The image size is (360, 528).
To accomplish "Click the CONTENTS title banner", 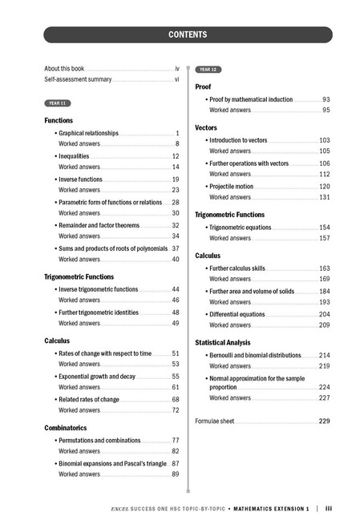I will (x=188, y=34).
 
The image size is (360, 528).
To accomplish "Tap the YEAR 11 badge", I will (x=58, y=103).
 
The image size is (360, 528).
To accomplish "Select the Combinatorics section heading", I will (x=71, y=427).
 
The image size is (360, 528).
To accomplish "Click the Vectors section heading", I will (x=207, y=127).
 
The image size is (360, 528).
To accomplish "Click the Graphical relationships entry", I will (x=88, y=133).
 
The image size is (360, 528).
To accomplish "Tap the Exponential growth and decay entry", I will (x=97, y=376).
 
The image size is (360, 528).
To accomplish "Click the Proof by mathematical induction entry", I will (x=251, y=99).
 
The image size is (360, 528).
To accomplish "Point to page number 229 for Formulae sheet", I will (x=324, y=421).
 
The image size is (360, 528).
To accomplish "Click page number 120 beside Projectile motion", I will (x=325, y=186).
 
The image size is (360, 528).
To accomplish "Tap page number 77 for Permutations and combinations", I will (x=175, y=441).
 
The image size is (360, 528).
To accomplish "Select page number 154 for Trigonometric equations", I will (x=325, y=227).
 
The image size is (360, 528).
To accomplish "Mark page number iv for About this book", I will (x=176, y=69).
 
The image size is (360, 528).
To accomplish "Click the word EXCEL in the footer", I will (x=123, y=508).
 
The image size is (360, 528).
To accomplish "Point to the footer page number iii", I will (x=329, y=508).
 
